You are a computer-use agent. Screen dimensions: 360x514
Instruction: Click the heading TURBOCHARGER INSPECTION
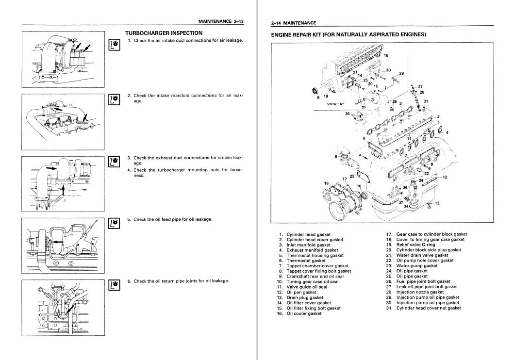164,33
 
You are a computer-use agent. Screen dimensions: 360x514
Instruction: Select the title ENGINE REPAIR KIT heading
348,34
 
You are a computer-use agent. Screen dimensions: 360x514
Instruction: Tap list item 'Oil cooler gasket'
304,314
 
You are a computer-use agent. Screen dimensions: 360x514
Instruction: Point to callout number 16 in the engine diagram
386,55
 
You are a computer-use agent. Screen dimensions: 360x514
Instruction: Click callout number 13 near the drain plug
437,203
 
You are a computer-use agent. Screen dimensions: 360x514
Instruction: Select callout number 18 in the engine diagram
326,183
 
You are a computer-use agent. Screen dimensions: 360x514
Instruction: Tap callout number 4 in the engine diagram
447,132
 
